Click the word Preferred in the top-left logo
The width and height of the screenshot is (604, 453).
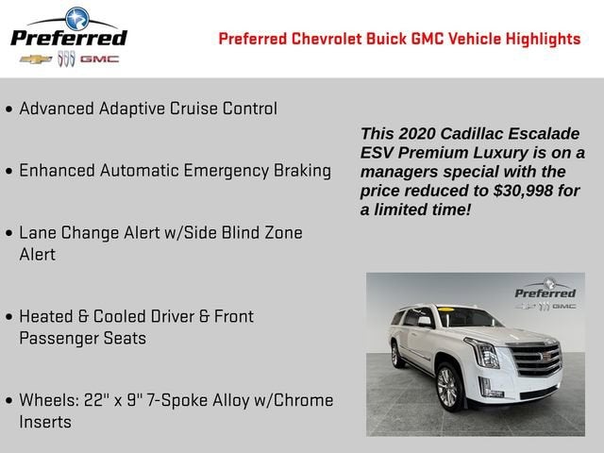tap(68, 38)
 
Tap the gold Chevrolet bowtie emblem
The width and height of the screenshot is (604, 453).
tap(36, 59)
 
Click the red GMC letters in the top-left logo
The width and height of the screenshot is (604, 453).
tap(99, 59)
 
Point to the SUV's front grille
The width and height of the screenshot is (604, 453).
tap(535, 360)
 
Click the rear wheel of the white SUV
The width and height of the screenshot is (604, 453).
tap(397, 355)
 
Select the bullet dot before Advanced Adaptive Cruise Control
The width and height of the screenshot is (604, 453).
tap(9, 109)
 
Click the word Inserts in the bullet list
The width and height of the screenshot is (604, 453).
tap(45, 422)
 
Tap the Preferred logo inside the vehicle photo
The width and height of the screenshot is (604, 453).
tap(545, 294)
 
